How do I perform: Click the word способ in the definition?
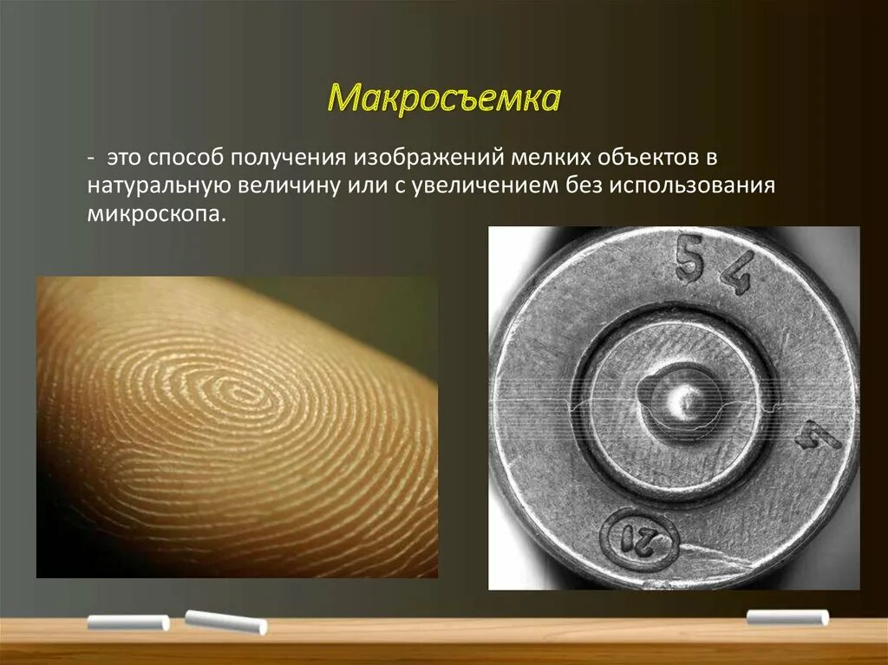186,158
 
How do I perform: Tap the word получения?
286,159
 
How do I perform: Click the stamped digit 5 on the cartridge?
689,262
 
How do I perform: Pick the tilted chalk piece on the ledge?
225,621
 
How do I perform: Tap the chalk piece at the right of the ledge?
787,617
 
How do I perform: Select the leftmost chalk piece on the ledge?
128,622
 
